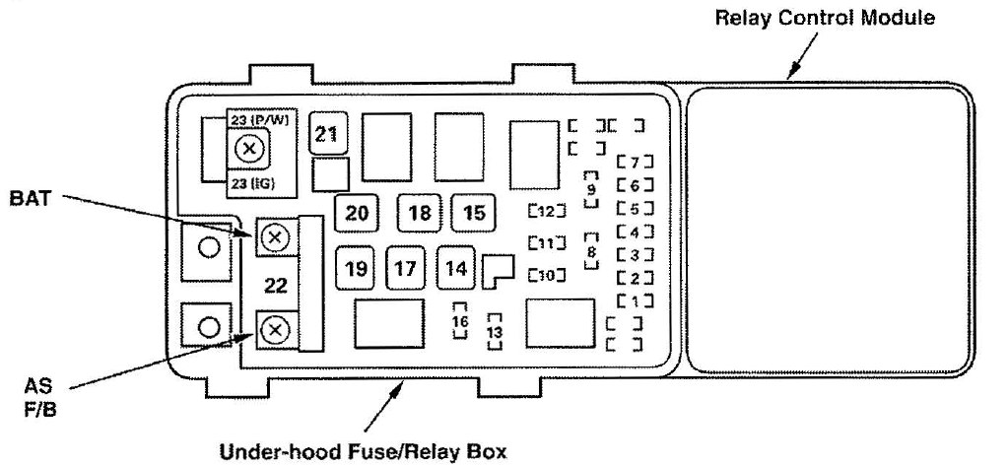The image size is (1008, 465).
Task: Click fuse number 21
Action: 326,135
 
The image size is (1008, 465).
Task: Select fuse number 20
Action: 357,213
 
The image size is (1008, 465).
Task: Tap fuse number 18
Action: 420,213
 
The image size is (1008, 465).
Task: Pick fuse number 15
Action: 474,213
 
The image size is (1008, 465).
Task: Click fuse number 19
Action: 357,267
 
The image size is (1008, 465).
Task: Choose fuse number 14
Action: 456,267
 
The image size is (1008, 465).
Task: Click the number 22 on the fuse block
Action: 276,286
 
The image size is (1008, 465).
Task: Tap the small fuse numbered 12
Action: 546,210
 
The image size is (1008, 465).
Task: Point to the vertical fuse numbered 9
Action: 591,187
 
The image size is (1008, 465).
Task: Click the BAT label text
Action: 30,198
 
